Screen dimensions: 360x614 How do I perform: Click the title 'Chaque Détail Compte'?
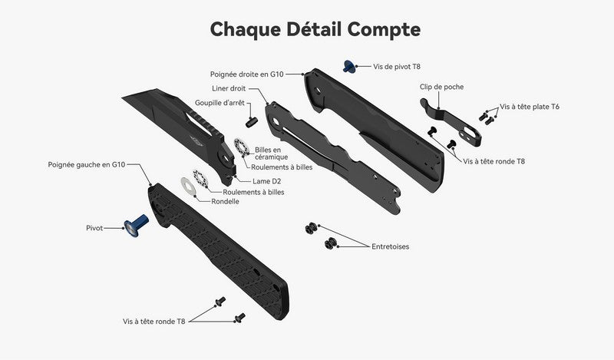click(315, 29)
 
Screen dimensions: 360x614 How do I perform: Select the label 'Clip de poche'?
click(441, 87)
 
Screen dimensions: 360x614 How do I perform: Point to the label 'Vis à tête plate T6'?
click(530, 107)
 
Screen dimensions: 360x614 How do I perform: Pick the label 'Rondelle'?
click(226, 202)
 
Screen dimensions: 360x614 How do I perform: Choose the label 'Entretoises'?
click(390, 246)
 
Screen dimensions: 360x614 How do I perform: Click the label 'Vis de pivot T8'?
click(398, 67)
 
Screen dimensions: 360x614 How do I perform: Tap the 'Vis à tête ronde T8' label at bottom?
click(153, 322)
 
